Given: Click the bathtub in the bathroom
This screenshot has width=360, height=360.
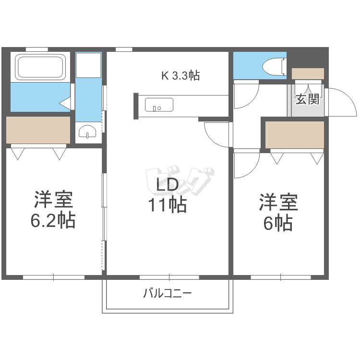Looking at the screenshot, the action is click(40, 67).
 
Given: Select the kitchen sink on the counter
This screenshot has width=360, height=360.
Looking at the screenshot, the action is click(159, 105).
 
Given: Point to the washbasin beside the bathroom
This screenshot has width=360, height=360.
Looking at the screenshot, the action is click(87, 132).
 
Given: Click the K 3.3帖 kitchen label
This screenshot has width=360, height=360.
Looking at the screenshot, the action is click(180, 75).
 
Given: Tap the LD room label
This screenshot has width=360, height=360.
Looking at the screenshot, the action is click(167, 185).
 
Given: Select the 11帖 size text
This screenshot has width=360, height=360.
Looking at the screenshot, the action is click(167, 205).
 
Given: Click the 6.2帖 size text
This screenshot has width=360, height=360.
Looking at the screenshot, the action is click(53, 220).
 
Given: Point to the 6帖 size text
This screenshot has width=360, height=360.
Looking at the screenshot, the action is click(278, 223).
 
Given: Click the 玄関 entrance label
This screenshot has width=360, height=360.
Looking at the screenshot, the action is click(308, 99).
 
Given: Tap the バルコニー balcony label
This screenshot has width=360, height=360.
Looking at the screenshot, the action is click(168, 293).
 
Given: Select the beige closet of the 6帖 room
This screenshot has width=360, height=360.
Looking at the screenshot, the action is click(295, 135).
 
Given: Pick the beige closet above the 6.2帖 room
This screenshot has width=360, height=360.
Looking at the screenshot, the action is click(38, 130).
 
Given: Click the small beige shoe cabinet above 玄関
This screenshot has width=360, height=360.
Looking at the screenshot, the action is click(308, 74).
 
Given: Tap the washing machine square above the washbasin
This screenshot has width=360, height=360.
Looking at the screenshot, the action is click(88, 65).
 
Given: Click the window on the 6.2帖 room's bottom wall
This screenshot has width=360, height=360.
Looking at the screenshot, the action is click(54, 277).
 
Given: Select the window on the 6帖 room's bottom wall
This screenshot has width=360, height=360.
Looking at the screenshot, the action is click(281, 277).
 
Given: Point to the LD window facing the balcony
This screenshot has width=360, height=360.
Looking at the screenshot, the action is click(169, 277).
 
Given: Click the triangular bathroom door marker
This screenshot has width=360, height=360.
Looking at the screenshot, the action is click(65, 103).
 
